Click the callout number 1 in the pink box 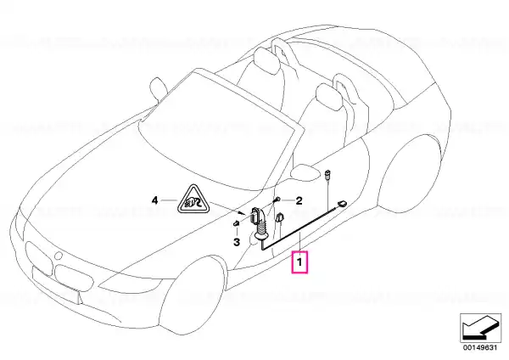coord(299,262)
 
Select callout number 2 coord(299,200)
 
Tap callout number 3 coord(237,242)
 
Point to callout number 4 coord(155,200)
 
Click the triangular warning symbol coord(193,200)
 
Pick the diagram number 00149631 coord(480,347)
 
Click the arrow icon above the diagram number coord(480,327)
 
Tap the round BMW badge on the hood coord(58,256)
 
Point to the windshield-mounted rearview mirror coord(159,87)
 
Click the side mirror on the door coord(305,172)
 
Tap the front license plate coord(55,284)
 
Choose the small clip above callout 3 coord(237,223)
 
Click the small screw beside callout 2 coord(277,200)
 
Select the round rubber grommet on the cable coord(260,234)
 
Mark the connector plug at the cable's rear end coord(342,204)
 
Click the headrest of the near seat coord(329,96)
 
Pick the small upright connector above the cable coord(327,174)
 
